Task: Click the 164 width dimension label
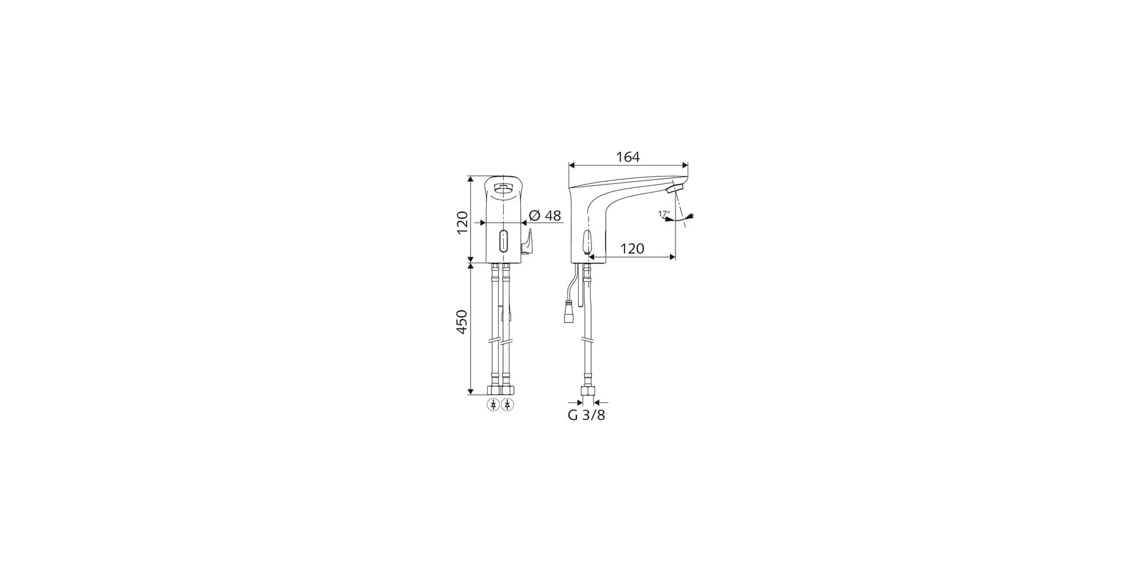point(627,156)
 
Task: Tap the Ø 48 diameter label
point(544,215)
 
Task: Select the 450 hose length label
point(461,322)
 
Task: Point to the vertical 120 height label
point(461,222)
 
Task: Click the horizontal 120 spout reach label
point(632,249)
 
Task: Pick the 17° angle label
point(664,214)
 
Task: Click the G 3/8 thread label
point(586,415)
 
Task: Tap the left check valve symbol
point(493,405)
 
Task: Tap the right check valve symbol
point(507,405)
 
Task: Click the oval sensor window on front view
point(503,241)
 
